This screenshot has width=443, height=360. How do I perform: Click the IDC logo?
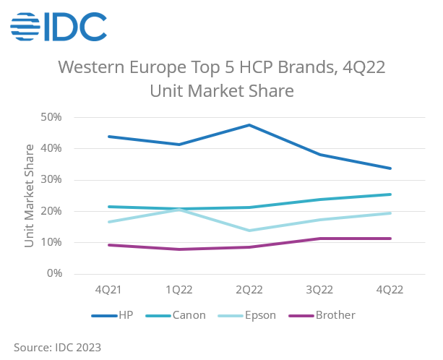click(x=59, y=27)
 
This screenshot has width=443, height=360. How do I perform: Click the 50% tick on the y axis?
click(x=53, y=117)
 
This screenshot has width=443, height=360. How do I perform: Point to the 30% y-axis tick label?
click(x=53, y=180)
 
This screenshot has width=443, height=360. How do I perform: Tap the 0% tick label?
click(x=56, y=274)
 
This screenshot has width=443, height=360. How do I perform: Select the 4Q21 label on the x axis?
click(x=108, y=289)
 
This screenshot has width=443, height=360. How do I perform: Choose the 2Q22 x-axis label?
click(x=249, y=289)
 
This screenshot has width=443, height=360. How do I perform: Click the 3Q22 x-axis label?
click(x=319, y=289)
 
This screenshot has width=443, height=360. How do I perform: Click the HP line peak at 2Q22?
click(x=249, y=125)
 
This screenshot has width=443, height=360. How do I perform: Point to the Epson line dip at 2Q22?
click(x=249, y=231)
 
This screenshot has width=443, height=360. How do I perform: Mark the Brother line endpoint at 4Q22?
click(x=390, y=239)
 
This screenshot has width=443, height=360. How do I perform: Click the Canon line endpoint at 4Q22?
click(x=390, y=194)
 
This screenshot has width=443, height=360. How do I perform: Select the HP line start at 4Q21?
click(x=108, y=137)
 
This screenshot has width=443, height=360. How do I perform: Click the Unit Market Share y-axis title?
click(x=30, y=196)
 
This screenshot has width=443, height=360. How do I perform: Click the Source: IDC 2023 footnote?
click(x=58, y=347)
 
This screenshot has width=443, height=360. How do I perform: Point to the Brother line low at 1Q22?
click(x=179, y=249)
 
